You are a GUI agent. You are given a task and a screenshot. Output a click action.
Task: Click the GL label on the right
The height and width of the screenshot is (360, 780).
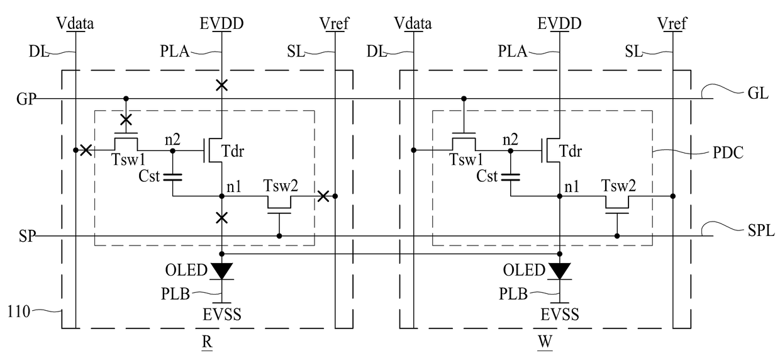point(758,93)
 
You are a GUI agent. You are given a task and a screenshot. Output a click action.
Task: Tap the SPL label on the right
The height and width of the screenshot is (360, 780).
point(761,230)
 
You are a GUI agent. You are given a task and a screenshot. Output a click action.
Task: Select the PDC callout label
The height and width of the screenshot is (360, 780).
point(728,153)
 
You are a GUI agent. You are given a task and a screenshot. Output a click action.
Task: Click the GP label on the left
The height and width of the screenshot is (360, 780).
point(26,99)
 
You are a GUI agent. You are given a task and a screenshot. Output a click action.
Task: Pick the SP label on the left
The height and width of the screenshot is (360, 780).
point(28,236)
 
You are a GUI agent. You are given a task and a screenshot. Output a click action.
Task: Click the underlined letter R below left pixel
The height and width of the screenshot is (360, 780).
point(207,342)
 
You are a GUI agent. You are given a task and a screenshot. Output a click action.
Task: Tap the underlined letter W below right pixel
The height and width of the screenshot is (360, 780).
point(545,342)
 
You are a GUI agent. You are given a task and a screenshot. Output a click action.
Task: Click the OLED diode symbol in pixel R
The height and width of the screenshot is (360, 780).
point(222,271)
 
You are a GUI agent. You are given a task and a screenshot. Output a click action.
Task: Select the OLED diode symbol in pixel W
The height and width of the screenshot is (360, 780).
point(560,271)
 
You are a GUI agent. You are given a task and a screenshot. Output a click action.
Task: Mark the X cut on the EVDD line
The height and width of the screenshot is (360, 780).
point(222,85)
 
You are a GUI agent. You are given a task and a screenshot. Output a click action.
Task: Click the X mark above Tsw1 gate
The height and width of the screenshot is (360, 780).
point(126,120)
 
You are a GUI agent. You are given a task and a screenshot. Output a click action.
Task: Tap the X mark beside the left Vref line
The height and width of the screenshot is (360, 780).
point(323,196)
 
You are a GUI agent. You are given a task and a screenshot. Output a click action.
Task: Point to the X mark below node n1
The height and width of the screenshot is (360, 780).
point(222,218)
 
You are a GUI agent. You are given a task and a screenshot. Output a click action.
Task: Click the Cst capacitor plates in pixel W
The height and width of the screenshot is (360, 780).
point(511,177)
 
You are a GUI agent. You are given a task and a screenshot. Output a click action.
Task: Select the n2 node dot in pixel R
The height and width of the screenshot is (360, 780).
point(172,151)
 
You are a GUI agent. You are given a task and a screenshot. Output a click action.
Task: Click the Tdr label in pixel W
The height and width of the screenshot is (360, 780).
point(571,151)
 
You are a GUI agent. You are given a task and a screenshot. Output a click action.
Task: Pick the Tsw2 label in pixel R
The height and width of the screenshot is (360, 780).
point(281,186)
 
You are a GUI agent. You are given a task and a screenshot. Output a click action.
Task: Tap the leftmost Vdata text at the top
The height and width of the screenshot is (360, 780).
point(75,24)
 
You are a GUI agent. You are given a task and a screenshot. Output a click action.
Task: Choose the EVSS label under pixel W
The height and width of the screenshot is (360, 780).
point(560,314)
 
